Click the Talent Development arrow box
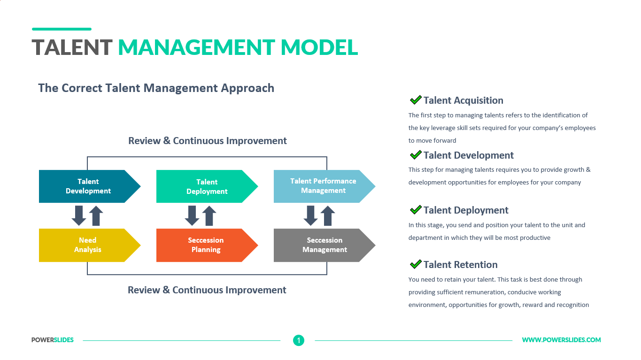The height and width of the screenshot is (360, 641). pos(88,186)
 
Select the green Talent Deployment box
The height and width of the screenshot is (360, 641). pos(207,186)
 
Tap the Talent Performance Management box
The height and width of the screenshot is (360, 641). pos(323,186)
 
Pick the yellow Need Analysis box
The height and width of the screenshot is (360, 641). pos(88,245)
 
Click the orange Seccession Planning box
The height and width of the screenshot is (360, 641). pos(206,245)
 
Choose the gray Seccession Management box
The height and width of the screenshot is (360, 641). pos(324,245)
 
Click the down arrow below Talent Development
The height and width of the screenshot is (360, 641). pos(79,215)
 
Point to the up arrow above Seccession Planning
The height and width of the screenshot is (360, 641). pos(209,215)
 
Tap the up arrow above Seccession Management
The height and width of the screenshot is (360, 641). pos(327,215)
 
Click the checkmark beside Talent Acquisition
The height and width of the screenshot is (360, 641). pos(416,100)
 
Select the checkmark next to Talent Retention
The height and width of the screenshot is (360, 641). pos(416,264)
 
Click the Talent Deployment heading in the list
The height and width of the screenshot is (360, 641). pos(466,210)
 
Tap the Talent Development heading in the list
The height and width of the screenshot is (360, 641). pos(468,155)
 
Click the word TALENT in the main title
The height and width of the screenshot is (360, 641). pos(72,47)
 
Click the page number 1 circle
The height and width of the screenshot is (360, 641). pos(299,340)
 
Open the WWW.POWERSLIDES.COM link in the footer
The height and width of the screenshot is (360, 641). pos(561,340)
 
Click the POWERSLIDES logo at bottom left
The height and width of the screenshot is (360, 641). pos(53,340)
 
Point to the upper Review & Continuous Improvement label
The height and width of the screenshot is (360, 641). pos(208,141)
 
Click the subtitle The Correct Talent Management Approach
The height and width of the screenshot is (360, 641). pos(156,88)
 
